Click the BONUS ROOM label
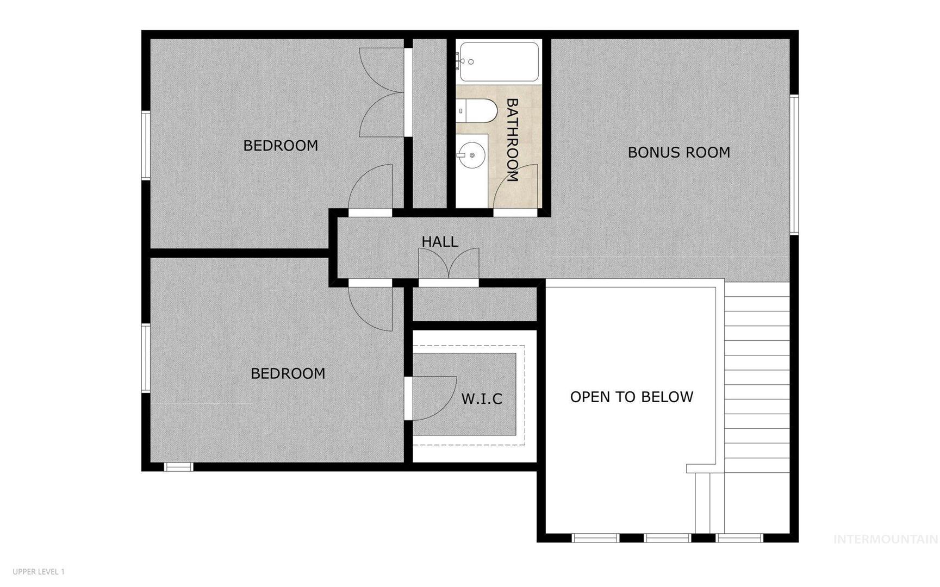click(x=678, y=152)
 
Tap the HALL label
click(x=440, y=241)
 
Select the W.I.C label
click(x=482, y=399)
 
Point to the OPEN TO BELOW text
click(x=632, y=397)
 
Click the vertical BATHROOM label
click(x=512, y=140)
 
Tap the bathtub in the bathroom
click(x=498, y=62)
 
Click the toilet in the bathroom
click(x=477, y=111)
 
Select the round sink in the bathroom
click(x=471, y=155)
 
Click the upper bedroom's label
click(x=281, y=146)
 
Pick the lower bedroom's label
click(x=288, y=373)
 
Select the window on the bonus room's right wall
click(x=794, y=165)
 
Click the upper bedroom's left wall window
click(x=146, y=145)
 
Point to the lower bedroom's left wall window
click(x=146, y=358)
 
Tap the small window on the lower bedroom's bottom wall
click(x=179, y=467)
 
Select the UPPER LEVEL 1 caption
click(x=39, y=572)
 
